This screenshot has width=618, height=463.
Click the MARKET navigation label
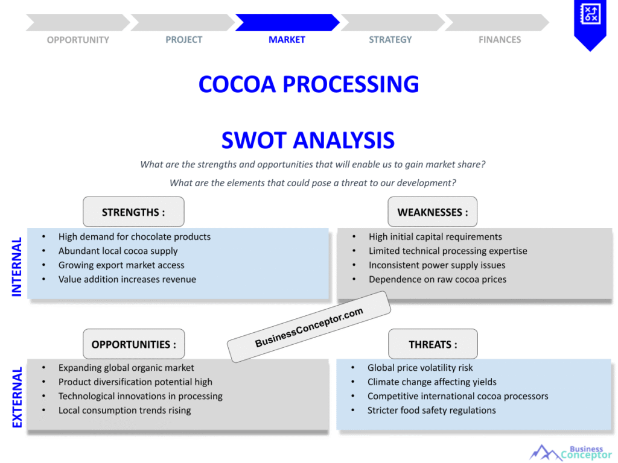click(287, 40)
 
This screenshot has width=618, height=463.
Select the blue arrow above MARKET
click(287, 22)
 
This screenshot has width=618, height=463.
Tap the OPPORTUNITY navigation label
click(78, 40)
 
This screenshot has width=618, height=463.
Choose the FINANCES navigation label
click(500, 40)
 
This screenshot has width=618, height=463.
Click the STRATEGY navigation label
click(390, 40)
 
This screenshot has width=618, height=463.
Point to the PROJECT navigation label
click(184, 40)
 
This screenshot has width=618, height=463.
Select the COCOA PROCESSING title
click(308, 84)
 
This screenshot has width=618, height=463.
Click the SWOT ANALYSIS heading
click(308, 140)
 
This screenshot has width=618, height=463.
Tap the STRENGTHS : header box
click(133, 212)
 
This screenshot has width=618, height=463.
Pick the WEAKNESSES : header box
click(432, 212)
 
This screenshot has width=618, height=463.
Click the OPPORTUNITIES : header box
click(133, 344)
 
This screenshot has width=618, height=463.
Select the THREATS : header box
click(433, 344)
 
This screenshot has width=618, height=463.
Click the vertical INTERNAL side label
click(17, 266)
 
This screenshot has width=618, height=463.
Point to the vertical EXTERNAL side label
click(17, 397)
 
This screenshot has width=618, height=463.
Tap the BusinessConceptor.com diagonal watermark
click(309, 327)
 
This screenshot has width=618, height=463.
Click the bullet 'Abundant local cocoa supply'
click(118, 251)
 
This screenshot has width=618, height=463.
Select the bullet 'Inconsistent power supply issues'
click(437, 265)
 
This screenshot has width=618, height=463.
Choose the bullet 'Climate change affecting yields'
click(432, 382)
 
